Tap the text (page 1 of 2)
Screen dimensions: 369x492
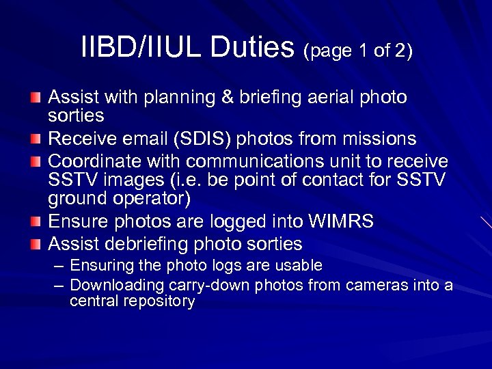click(358, 51)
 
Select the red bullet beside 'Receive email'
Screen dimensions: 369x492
click(36, 140)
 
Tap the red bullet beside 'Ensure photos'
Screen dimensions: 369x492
click(36, 222)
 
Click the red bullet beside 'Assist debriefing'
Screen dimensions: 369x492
click(36, 243)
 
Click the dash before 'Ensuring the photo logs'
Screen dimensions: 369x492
click(59, 265)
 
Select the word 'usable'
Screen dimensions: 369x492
click(299, 265)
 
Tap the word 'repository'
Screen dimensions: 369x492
click(160, 301)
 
